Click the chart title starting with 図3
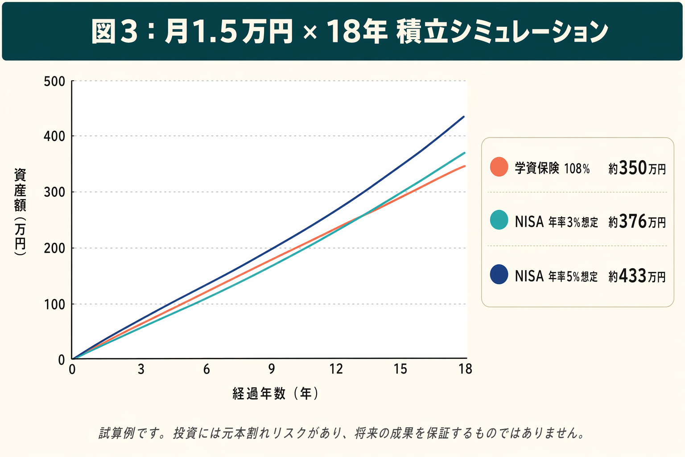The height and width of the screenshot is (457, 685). coord(349,31)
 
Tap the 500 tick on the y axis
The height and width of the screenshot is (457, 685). coord(54,82)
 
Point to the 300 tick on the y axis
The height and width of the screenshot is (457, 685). coord(54,192)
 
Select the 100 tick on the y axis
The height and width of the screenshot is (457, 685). coord(54,304)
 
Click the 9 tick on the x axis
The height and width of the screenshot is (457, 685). coord(272,369)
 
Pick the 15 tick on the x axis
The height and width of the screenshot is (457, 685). coord(400,369)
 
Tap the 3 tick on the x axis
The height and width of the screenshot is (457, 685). coord(141,369)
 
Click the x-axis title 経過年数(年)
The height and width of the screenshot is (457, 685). coord(275,393)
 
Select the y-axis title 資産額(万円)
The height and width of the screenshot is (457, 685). coord(20,212)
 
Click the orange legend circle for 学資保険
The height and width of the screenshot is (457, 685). coord(499,167)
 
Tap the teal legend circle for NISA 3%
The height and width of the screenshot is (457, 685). coord(499,220)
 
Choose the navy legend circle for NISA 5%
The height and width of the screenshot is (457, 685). coord(499,274)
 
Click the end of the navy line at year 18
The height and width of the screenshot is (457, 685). coord(464,117)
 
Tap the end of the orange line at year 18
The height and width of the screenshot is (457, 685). coord(464,166)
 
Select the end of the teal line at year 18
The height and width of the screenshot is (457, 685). coord(464,153)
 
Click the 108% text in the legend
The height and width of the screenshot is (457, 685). coord(577,169)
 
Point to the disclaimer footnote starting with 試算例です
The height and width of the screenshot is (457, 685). coord(342,433)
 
